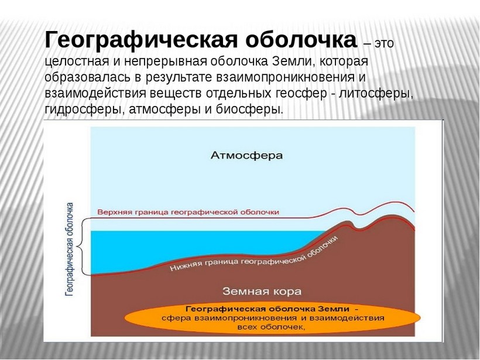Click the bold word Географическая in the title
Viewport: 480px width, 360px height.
click(141, 40)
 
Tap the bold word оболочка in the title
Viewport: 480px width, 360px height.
click(301, 40)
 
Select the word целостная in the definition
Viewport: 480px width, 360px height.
click(77, 62)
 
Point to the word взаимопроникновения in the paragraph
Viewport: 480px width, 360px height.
click(285, 77)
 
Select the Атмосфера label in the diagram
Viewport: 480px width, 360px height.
click(246, 155)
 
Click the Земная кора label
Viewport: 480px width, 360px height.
click(262, 291)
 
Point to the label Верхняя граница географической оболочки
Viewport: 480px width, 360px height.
click(188, 212)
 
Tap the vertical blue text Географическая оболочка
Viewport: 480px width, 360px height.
click(70, 249)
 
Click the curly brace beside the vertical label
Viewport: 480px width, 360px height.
click(81, 246)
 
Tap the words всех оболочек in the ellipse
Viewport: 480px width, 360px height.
click(272, 327)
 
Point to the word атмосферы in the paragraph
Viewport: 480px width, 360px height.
click(164, 109)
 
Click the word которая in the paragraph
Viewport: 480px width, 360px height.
click(344, 61)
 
